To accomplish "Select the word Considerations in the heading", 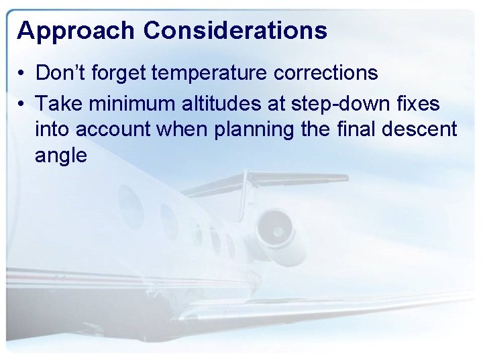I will pos(235,31).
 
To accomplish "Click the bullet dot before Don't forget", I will pos(22,73).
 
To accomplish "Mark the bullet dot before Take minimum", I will pos(22,104).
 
